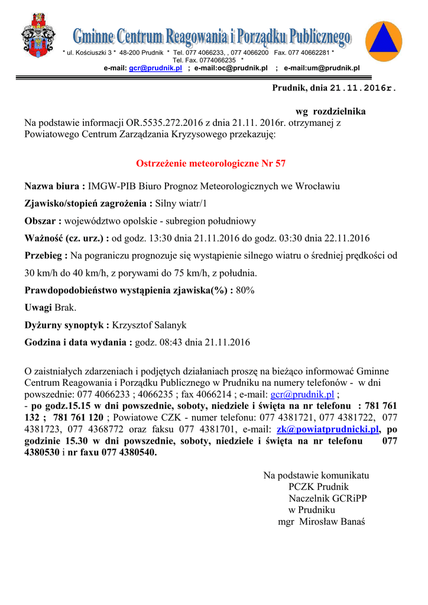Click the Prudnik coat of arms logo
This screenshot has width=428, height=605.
[x=38, y=37]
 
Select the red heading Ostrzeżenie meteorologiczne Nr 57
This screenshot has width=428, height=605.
[x=211, y=163]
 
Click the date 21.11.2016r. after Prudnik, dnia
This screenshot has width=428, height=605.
[x=362, y=88]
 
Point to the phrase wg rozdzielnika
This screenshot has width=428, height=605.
[x=330, y=112]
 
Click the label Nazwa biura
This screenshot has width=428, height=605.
[x=54, y=187]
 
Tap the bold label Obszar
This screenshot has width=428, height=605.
[x=43, y=221]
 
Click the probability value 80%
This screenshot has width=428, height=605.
[x=245, y=291]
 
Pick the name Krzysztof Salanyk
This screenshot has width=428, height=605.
[x=149, y=325]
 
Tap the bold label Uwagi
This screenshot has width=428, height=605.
[x=38, y=308]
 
